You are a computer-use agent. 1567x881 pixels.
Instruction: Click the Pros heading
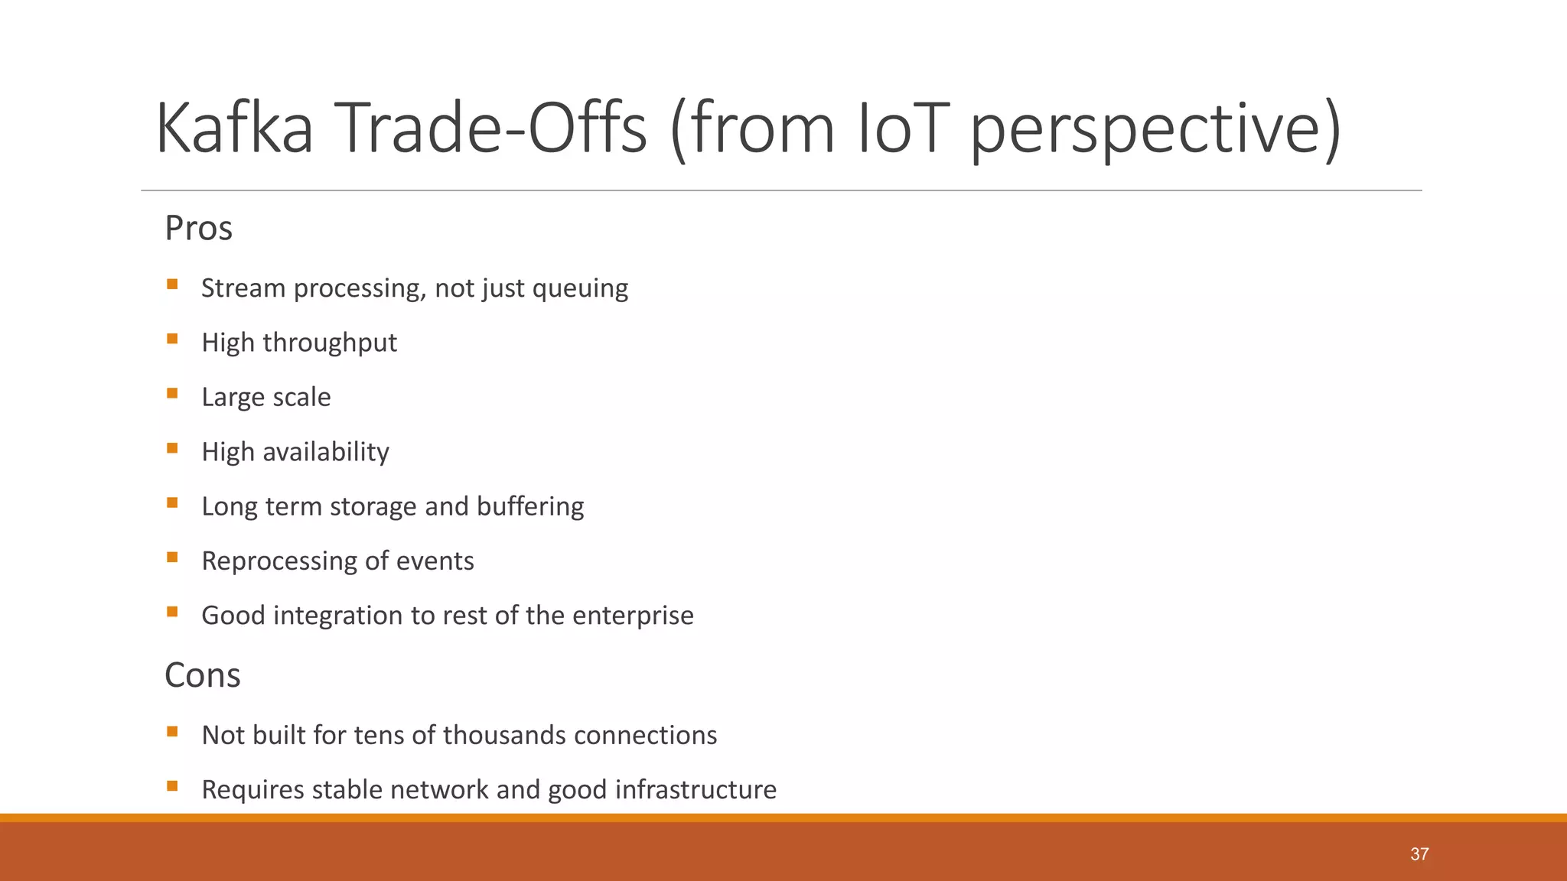198,228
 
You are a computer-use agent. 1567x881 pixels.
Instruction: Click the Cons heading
202,675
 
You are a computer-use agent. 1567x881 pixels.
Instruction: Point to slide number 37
1419,854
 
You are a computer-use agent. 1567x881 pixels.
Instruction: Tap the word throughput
330,343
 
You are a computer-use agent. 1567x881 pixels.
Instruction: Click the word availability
326,452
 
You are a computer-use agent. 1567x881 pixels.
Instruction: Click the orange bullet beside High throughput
172,339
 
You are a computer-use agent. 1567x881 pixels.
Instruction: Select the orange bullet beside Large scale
172,394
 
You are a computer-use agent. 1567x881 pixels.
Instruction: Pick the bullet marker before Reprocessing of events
172,558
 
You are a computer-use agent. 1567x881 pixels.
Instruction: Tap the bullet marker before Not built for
172,732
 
